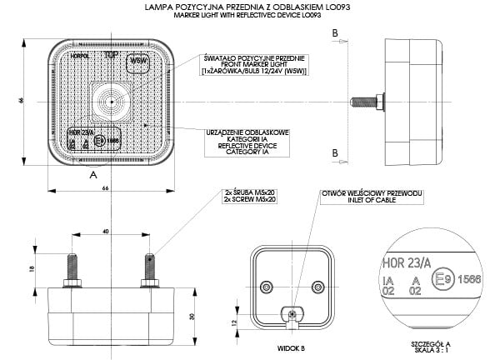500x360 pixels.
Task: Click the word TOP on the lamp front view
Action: click(x=109, y=56)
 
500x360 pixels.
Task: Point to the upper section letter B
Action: click(x=334, y=32)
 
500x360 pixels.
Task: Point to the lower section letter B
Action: click(x=334, y=153)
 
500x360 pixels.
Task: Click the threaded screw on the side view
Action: click(x=365, y=102)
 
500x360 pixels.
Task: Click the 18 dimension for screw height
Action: click(x=32, y=269)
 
